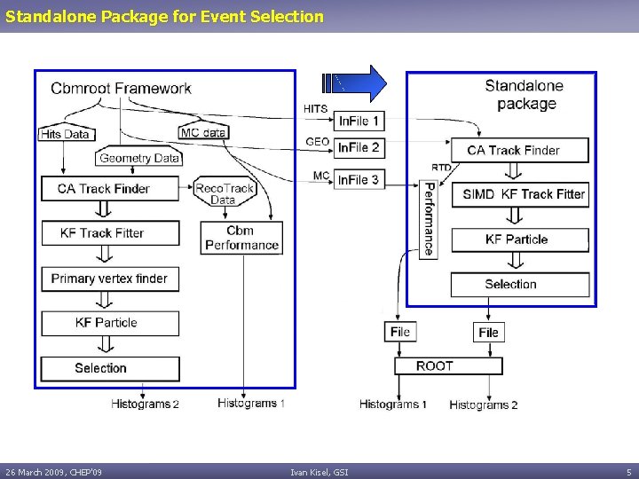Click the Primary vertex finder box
pos(110,279)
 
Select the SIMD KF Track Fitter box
pos(519,194)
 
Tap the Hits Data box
pos(65,134)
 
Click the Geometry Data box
pos(139,158)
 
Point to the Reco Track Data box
pos(224,192)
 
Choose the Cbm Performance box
pos(241,238)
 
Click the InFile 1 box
pos(359,121)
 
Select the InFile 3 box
pos(359,179)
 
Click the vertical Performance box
pos(429,220)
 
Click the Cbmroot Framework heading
pos(121,88)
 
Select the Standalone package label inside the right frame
pos(525,95)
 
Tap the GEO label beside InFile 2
pos(318,142)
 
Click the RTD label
pos(441,167)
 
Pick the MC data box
pos(203,132)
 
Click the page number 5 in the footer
pos(628,472)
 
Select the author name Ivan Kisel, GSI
pos(319,472)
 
